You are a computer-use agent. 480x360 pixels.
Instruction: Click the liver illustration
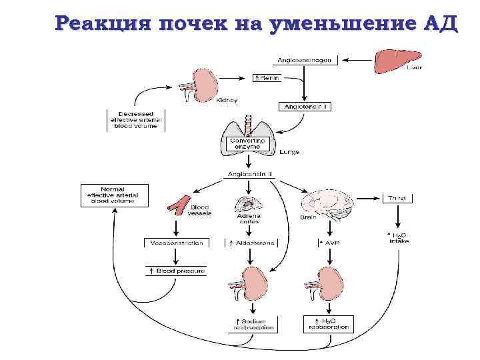tap(396, 60)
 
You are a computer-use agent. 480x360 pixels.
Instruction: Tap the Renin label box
tap(269, 78)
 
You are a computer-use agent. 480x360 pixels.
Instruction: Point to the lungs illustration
tap(248, 137)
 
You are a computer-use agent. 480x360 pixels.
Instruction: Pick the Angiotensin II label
tap(251, 175)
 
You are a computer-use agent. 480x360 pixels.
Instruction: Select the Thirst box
tap(398, 198)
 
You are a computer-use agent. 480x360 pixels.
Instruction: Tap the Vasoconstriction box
tap(175, 243)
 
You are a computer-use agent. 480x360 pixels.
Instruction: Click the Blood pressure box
tap(175, 271)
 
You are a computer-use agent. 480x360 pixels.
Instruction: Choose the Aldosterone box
tap(251, 243)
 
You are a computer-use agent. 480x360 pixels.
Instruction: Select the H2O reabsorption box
tap(327, 324)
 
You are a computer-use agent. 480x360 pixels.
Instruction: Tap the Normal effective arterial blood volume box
tap(114, 194)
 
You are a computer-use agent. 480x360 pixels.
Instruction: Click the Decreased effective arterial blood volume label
tap(135, 120)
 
